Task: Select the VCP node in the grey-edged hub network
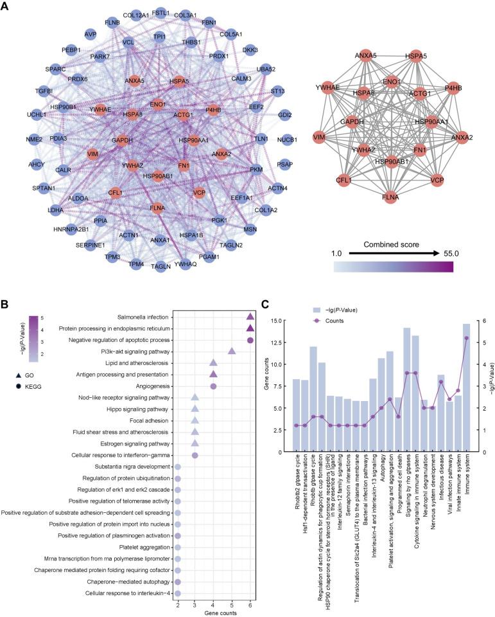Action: point(437,180)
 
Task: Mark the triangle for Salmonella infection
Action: point(250,316)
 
